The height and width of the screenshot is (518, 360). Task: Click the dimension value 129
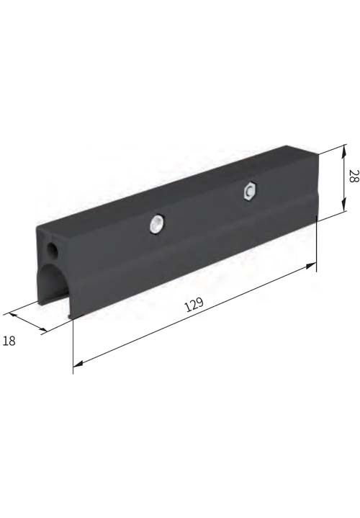coord(194,305)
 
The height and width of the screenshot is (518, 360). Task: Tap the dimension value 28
coord(353,176)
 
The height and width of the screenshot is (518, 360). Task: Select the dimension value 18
coord(9,341)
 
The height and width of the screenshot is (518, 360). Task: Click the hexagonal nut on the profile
coord(250,190)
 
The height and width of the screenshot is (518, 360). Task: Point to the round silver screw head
coord(157,225)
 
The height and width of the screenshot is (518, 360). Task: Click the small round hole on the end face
coord(53,249)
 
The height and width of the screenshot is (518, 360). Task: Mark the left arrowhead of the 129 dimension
coord(78,364)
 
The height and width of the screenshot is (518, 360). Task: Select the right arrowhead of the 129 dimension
coord(311,265)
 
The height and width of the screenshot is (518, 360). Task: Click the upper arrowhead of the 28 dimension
coord(344,152)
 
